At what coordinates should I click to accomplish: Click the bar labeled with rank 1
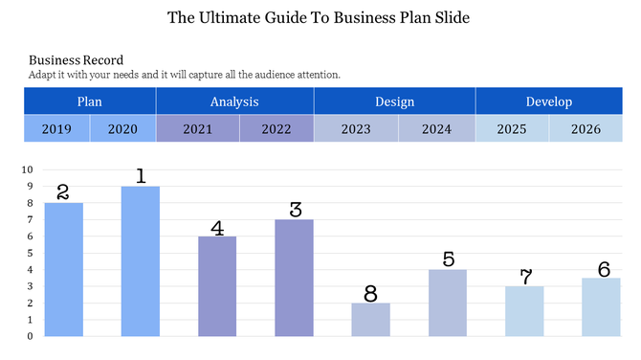tap(140, 260)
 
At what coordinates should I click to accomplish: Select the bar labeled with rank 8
tap(370, 320)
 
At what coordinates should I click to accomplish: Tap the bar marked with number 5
tap(447, 303)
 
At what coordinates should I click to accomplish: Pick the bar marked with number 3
tap(294, 278)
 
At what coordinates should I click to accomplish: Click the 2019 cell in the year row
tap(56, 129)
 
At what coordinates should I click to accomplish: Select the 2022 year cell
tap(276, 129)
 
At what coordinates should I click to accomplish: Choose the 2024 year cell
tap(436, 129)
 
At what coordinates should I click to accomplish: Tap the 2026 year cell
tap(586, 129)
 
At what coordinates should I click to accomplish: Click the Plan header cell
tap(90, 101)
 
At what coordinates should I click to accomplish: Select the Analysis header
tap(234, 101)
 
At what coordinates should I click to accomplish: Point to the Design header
tap(394, 101)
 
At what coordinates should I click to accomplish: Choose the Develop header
tap(548, 101)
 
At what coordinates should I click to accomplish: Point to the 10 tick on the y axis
tap(28, 169)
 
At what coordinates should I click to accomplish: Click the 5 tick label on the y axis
tap(31, 253)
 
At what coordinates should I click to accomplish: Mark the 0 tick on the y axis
tap(31, 336)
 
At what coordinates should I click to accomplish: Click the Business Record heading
tap(76, 60)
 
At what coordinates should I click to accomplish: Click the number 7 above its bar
tap(525, 277)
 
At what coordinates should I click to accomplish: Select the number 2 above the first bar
tap(63, 191)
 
